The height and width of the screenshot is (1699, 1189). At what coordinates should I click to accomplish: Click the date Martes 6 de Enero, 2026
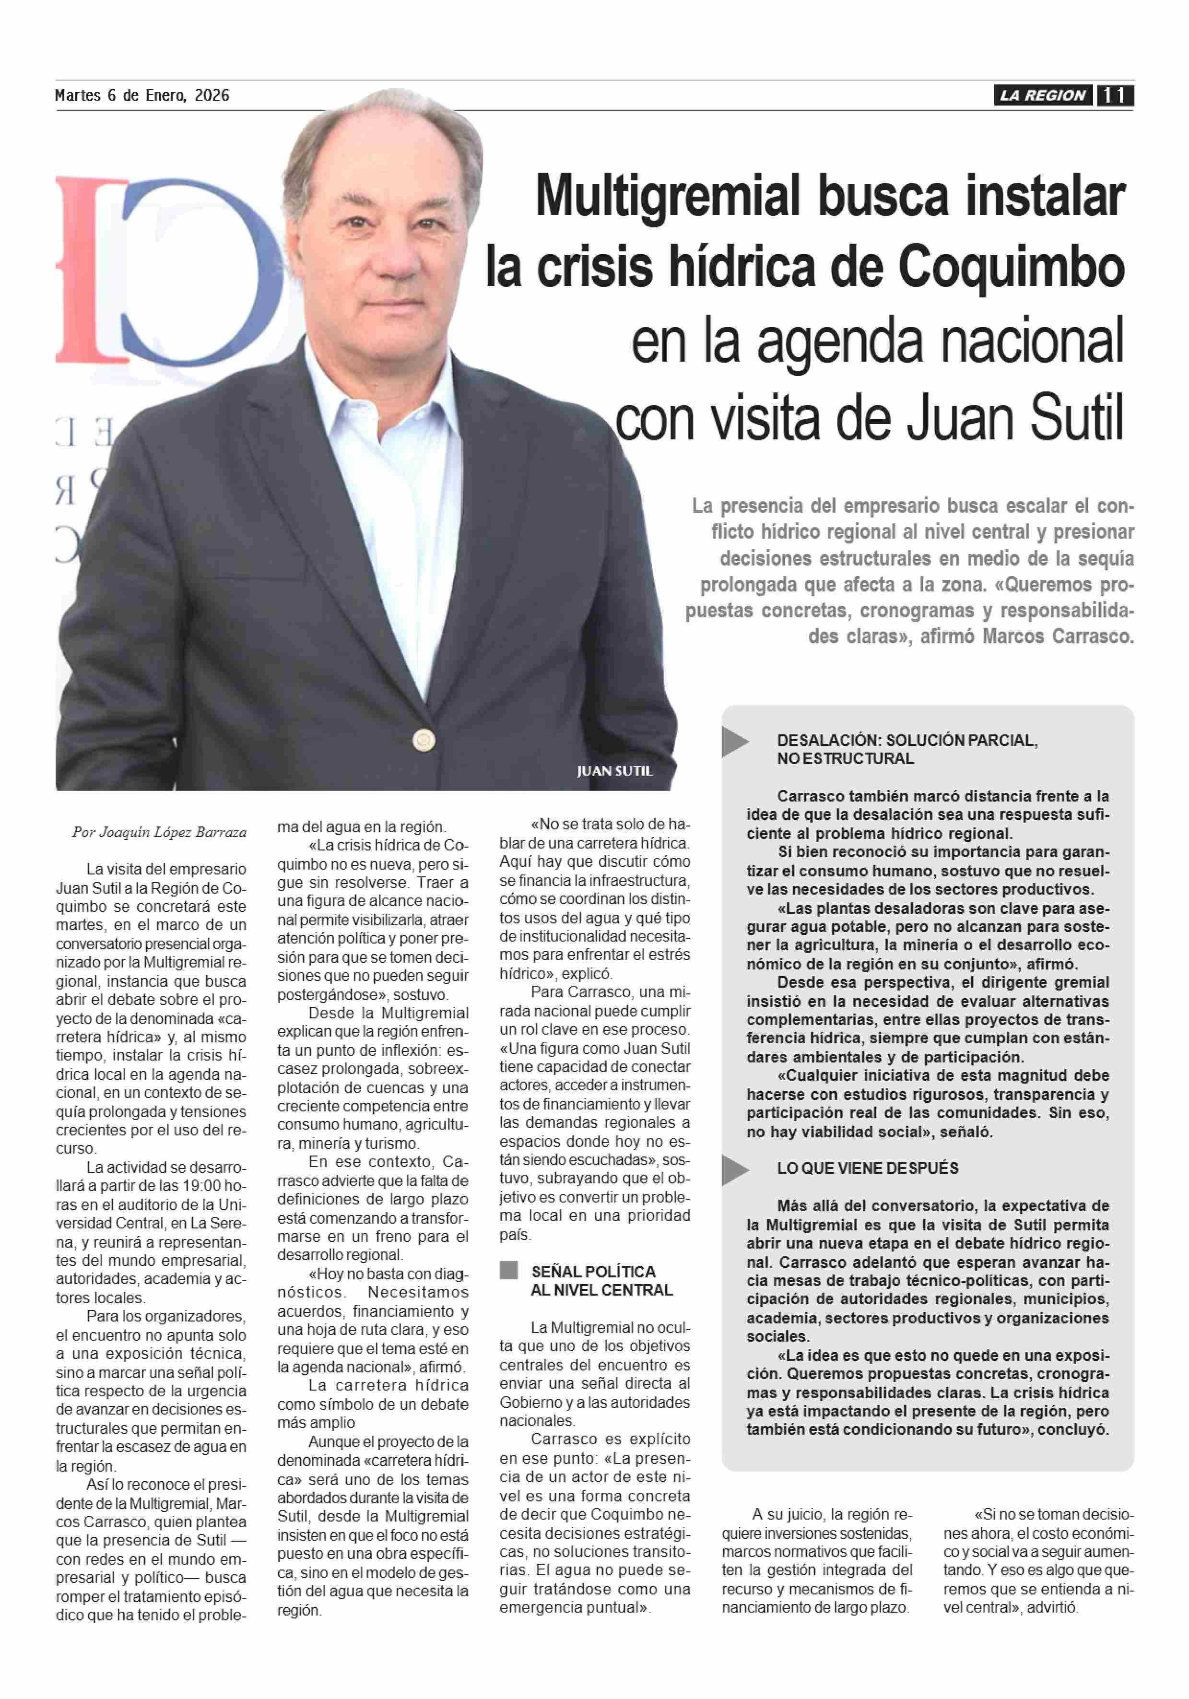coord(142,95)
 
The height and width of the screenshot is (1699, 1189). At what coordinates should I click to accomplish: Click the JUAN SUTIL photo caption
coord(614,771)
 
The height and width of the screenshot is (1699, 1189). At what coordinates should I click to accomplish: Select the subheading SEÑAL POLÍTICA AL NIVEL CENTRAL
coord(601,1281)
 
